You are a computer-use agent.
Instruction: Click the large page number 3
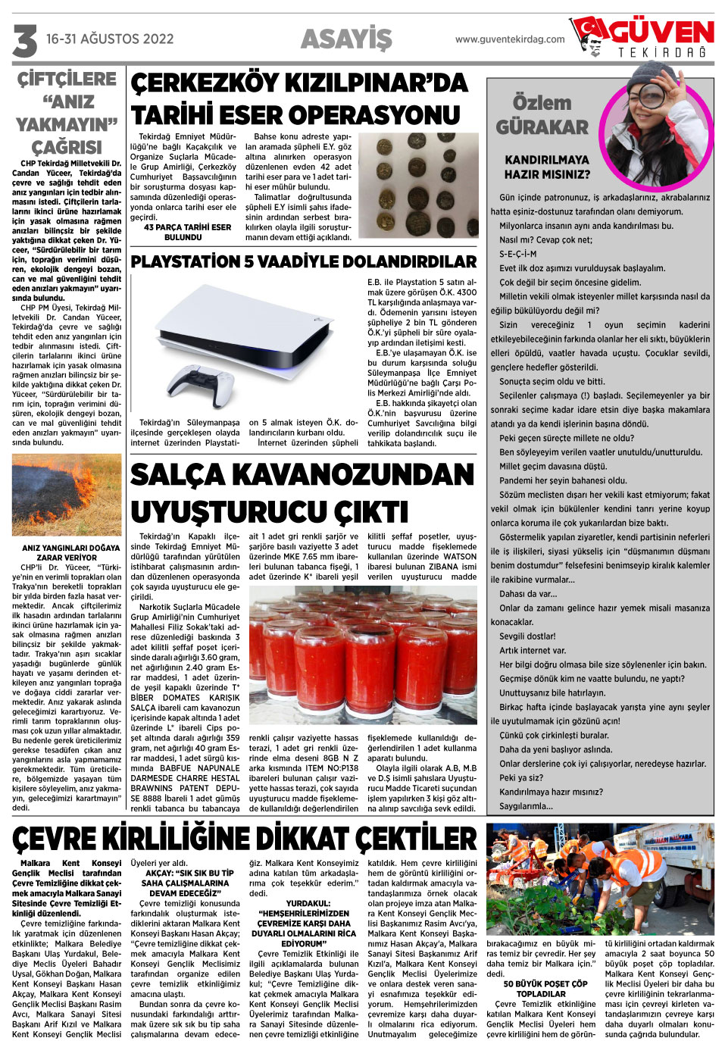tap(24, 40)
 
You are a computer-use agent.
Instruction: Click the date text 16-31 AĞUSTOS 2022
tap(110, 39)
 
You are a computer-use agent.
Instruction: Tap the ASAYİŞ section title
tap(346, 39)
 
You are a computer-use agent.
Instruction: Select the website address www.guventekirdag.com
tap(510, 39)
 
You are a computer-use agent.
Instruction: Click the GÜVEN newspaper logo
tap(644, 38)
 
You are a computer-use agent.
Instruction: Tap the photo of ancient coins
tap(417, 186)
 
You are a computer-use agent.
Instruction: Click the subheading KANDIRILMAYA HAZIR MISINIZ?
tap(546, 167)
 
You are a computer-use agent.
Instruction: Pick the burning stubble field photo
tap(67, 495)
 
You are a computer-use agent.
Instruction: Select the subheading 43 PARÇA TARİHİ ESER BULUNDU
tap(187, 232)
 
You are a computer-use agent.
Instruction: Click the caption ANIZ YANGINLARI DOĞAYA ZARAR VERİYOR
tap(70, 552)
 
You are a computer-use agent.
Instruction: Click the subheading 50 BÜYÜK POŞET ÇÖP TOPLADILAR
tap(541, 989)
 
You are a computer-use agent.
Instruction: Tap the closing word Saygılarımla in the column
tap(526, 806)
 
